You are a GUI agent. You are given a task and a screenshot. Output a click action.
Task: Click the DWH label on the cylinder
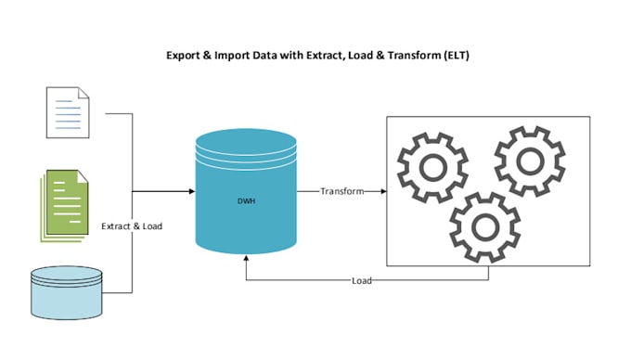click(246, 201)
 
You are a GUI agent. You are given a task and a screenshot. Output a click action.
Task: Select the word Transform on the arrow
click(342, 191)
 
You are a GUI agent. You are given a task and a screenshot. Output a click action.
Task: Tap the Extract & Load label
click(132, 226)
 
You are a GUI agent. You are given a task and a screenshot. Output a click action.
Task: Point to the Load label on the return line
click(361, 281)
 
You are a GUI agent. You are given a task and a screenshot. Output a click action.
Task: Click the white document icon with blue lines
click(68, 112)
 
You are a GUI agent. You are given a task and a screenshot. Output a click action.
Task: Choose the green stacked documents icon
click(64, 206)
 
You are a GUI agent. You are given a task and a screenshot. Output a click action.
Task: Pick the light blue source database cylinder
click(67, 293)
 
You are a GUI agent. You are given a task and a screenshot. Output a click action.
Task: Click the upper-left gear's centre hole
click(433, 167)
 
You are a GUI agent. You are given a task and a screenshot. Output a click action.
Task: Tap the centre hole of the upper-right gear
click(530, 161)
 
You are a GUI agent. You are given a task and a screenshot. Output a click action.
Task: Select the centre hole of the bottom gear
click(485, 227)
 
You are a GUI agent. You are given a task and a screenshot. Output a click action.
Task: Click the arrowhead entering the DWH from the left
click(192, 191)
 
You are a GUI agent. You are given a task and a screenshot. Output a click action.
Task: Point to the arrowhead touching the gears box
click(383, 191)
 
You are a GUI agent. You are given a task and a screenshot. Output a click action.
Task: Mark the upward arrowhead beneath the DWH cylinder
click(246, 258)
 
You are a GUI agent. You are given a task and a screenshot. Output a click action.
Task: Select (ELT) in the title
click(457, 55)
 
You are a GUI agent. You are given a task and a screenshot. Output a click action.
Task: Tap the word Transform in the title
click(415, 55)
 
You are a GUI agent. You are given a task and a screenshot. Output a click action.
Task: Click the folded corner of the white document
click(84, 93)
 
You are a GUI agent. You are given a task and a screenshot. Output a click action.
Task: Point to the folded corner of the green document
click(83, 176)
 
